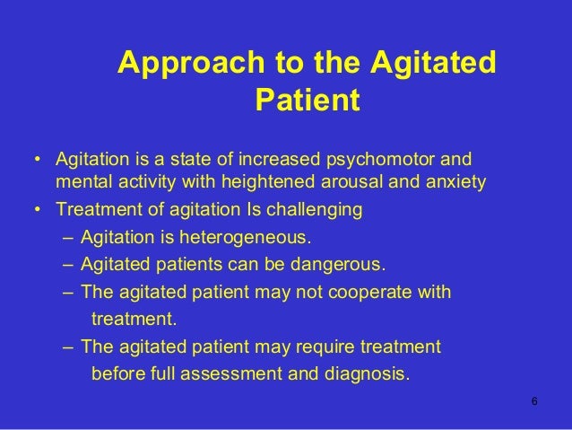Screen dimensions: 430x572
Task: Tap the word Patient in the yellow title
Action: pyautogui.click(x=307, y=101)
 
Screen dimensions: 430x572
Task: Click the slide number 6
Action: pyautogui.click(x=535, y=400)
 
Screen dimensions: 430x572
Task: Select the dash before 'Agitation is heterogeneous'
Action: pyautogui.click(x=70, y=239)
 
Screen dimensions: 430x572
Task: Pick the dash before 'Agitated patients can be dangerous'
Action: pyautogui.click(x=70, y=266)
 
